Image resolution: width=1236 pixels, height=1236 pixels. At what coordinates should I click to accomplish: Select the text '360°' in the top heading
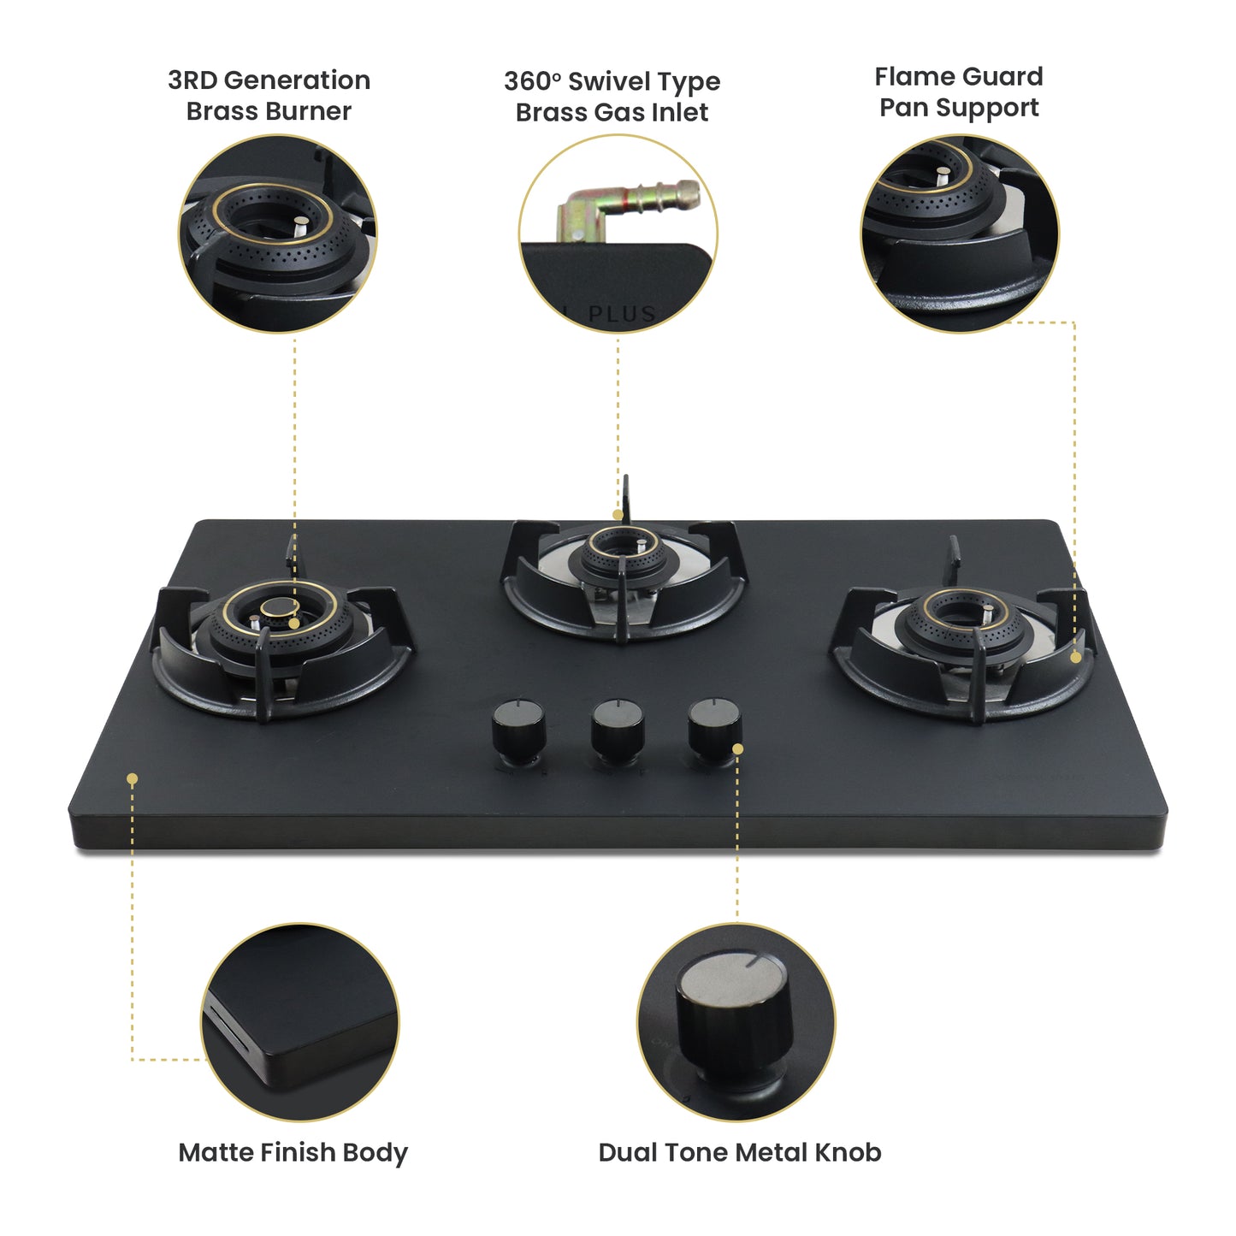point(532,82)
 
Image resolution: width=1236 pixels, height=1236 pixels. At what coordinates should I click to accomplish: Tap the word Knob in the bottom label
point(849,1152)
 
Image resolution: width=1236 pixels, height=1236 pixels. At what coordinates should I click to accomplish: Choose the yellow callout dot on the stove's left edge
point(132,778)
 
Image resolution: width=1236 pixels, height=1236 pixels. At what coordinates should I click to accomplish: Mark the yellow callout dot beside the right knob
point(737,748)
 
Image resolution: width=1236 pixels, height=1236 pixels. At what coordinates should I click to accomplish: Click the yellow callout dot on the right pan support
point(1075,657)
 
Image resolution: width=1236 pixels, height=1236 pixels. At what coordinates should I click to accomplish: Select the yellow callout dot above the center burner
point(618,515)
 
